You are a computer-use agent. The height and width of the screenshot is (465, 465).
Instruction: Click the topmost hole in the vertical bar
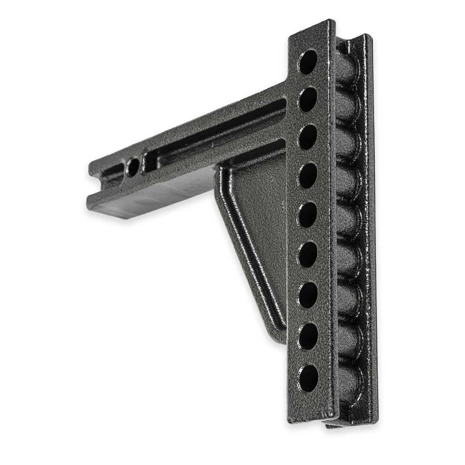point(308,62)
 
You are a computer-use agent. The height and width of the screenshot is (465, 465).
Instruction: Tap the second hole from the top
point(308,99)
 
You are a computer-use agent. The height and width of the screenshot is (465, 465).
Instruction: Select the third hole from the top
point(308,137)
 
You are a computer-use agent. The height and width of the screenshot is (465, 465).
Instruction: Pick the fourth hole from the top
point(308,176)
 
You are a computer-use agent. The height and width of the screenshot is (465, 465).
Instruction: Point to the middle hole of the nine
point(308,215)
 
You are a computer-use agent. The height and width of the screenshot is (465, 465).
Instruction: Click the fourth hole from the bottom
point(308,254)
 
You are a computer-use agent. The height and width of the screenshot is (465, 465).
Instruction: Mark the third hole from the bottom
point(308,295)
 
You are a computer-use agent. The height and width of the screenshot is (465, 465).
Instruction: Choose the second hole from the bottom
point(308,336)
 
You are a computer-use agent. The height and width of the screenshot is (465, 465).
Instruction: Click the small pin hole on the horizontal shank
point(133,166)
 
